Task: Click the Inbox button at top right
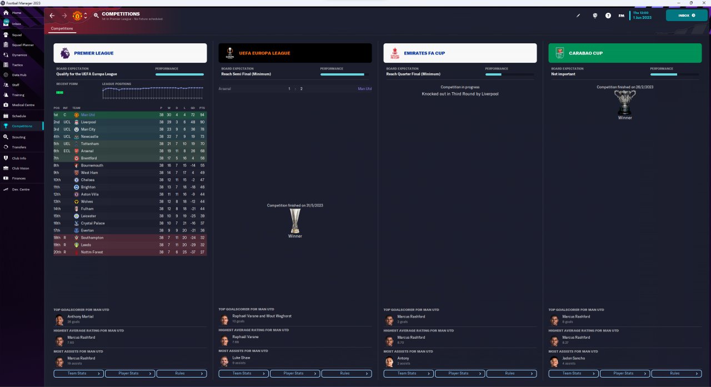pos(687,16)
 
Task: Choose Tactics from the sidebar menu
pos(18,65)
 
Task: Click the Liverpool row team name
pos(88,122)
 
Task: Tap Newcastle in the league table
pos(89,137)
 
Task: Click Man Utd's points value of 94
pos(202,115)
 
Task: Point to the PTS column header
pos(202,108)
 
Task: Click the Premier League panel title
pos(94,53)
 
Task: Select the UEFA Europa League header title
pos(264,53)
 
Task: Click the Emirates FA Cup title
pos(424,53)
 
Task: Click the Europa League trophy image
pos(295,220)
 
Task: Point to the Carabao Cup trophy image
pos(625,102)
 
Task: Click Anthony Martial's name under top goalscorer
pos(81,316)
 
